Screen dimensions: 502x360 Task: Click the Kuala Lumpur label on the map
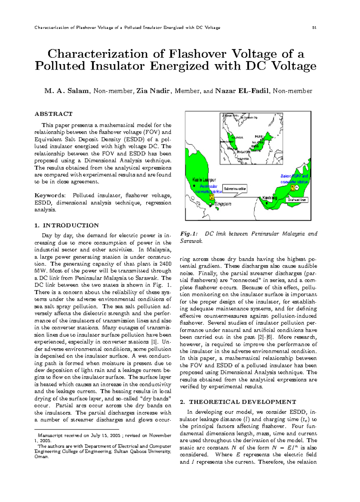(x=204, y=180)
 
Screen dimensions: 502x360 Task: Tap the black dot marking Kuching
(x=267, y=203)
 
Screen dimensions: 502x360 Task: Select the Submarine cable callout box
(x=235, y=189)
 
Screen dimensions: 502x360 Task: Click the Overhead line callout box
(x=297, y=200)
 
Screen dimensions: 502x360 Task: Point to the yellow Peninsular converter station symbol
(x=211, y=197)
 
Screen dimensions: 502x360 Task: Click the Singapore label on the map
(x=223, y=204)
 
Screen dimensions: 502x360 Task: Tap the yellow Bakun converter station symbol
(x=292, y=188)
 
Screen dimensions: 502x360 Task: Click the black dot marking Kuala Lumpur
(x=194, y=186)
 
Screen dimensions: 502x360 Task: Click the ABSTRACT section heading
(x=53, y=114)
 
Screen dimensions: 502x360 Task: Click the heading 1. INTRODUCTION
(x=66, y=225)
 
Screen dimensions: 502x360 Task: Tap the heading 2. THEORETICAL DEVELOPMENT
(x=238, y=402)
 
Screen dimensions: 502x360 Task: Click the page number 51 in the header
(x=314, y=28)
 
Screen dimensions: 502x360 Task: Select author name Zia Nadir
(x=153, y=91)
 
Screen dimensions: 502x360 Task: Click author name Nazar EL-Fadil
(x=242, y=91)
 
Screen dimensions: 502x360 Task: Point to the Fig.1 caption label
(x=189, y=234)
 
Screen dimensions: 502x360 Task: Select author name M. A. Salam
(x=67, y=91)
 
